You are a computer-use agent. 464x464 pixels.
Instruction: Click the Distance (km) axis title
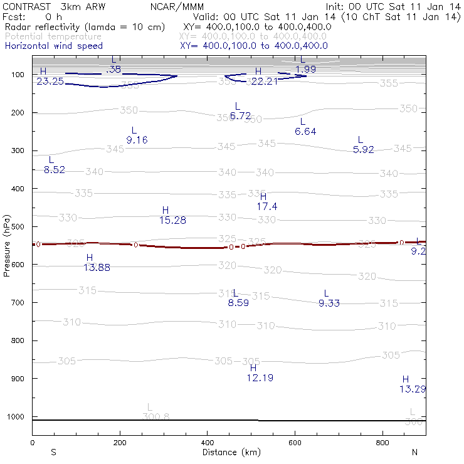(x=228, y=452)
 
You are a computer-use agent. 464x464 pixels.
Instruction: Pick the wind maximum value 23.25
(x=50, y=82)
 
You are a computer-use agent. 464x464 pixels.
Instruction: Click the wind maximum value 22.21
(x=264, y=82)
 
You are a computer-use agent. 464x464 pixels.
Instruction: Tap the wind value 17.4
(x=267, y=206)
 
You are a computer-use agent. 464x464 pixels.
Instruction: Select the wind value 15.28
(x=172, y=220)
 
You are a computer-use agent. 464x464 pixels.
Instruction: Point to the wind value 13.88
(x=97, y=268)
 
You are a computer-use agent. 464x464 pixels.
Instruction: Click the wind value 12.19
(x=260, y=377)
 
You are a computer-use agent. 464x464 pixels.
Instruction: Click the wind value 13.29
(x=413, y=389)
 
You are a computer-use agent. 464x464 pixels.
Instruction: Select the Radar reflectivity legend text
(x=85, y=28)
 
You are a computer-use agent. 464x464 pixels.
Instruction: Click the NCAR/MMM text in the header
(x=177, y=6)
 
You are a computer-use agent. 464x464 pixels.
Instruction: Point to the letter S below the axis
(x=54, y=452)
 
